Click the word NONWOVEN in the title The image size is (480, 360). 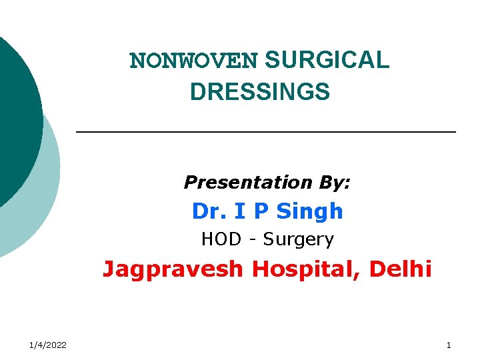[193, 61]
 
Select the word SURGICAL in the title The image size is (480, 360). [327, 61]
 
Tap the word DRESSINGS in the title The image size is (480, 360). [259, 91]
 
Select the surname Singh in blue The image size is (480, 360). [310, 211]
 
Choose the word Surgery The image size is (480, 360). [299, 239]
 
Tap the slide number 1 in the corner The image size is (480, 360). [449, 345]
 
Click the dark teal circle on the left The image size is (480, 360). [13, 113]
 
